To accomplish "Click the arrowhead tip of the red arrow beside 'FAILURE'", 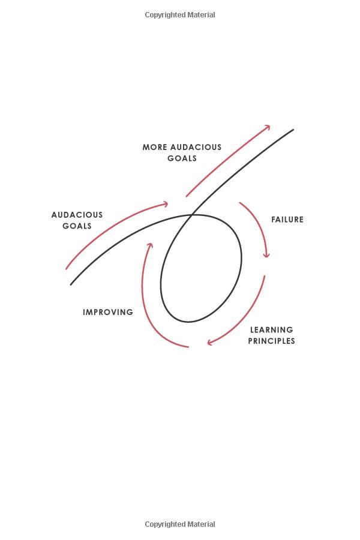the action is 266,257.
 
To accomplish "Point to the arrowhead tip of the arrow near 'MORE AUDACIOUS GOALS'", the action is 270,126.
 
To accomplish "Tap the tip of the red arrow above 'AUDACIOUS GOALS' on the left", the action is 168,204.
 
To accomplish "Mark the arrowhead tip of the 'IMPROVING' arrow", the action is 150,243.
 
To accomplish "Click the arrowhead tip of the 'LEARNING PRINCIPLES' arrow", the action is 208,343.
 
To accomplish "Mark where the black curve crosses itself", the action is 191,215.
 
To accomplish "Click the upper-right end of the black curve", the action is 293,130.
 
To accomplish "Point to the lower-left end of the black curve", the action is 71,285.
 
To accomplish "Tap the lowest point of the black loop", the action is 188,322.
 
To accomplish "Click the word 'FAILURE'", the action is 287,220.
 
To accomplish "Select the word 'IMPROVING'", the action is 108,312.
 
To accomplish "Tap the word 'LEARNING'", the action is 271,330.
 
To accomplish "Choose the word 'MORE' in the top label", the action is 155,147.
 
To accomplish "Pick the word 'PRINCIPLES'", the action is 271,341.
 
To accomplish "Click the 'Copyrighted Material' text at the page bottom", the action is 180,524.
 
